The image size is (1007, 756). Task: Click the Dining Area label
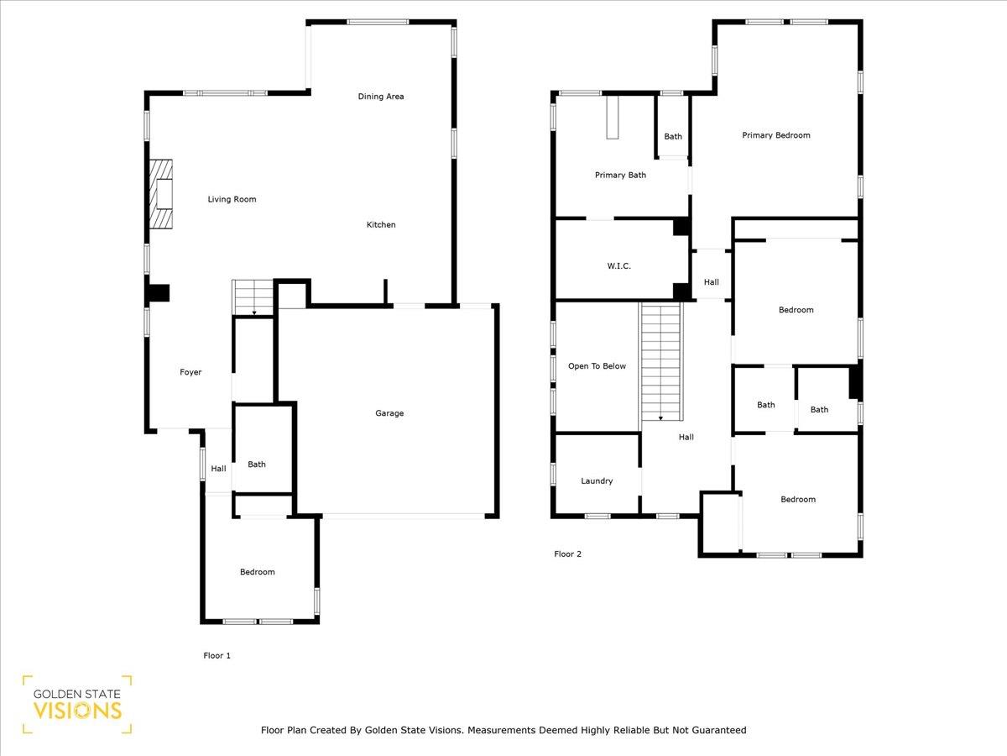(x=381, y=97)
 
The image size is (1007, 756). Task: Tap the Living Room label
(x=232, y=200)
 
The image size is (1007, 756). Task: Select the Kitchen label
(x=381, y=225)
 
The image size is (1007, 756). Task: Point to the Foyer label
(x=190, y=372)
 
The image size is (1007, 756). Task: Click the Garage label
(x=389, y=413)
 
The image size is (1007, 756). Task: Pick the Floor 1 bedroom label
(x=257, y=572)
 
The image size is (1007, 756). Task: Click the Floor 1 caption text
(x=217, y=655)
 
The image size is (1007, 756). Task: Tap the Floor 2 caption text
(x=567, y=554)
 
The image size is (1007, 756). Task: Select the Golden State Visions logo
(x=77, y=704)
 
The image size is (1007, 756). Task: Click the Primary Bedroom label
(x=775, y=135)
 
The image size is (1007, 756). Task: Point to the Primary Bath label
(x=620, y=176)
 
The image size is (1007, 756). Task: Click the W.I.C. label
(x=618, y=266)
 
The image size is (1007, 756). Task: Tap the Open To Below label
(x=597, y=366)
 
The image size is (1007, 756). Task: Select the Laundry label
(x=597, y=481)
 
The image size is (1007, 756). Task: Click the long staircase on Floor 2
(x=662, y=362)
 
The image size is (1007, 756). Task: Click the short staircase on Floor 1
(x=253, y=297)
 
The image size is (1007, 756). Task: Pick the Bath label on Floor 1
(x=257, y=465)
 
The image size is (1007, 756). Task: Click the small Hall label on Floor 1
(x=218, y=470)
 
